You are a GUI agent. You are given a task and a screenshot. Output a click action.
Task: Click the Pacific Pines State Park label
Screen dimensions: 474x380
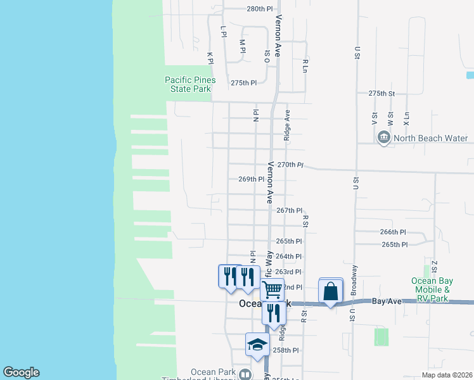tap(190, 85)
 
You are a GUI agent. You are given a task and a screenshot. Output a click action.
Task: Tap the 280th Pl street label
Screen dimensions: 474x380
tap(259, 9)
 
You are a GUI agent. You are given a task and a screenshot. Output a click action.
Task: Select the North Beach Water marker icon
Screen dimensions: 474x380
tap(383, 138)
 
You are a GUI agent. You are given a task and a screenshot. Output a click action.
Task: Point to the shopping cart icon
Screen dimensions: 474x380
tap(272, 289)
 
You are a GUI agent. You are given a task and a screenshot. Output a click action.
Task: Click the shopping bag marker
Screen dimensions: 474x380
tap(330, 292)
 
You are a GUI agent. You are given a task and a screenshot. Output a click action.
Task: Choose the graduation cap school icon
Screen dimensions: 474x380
tap(257, 345)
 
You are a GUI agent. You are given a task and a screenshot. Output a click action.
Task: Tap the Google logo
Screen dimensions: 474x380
tap(21, 372)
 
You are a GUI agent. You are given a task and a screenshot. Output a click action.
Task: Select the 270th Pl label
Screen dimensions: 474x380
tap(290, 165)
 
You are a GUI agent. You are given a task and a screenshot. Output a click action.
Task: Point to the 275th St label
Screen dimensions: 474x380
tap(382, 93)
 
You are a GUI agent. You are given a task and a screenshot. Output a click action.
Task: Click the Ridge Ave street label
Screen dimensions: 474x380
tap(287, 124)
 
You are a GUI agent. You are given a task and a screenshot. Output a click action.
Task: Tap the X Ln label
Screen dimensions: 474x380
tap(406, 118)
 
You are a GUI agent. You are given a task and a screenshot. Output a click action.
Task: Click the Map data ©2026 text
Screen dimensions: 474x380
tap(446, 375)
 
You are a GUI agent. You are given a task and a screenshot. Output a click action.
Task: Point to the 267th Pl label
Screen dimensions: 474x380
tap(290, 210)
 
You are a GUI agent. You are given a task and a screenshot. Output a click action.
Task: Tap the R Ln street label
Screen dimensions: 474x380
tap(305, 65)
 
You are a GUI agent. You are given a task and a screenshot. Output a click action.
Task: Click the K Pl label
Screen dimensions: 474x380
tap(210, 58)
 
